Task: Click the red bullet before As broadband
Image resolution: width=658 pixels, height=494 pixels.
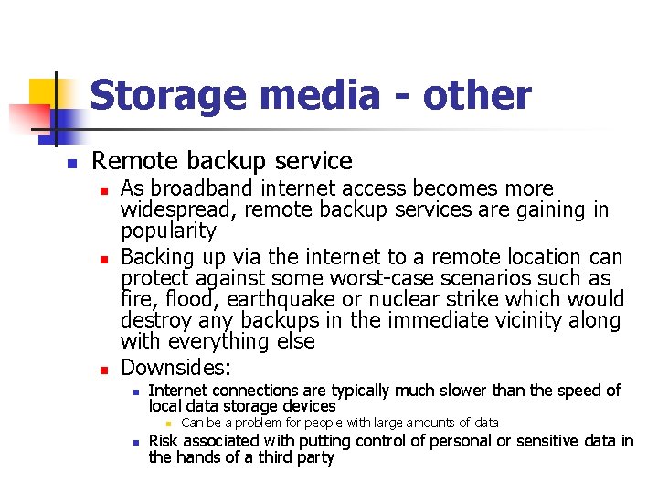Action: [x=105, y=189]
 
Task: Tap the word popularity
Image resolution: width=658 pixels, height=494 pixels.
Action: [x=168, y=231]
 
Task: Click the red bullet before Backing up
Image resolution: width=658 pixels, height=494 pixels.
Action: [x=105, y=259]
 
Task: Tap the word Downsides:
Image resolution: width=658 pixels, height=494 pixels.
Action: [x=176, y=369]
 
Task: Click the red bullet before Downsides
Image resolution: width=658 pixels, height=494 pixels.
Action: [x=105, y=370]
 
